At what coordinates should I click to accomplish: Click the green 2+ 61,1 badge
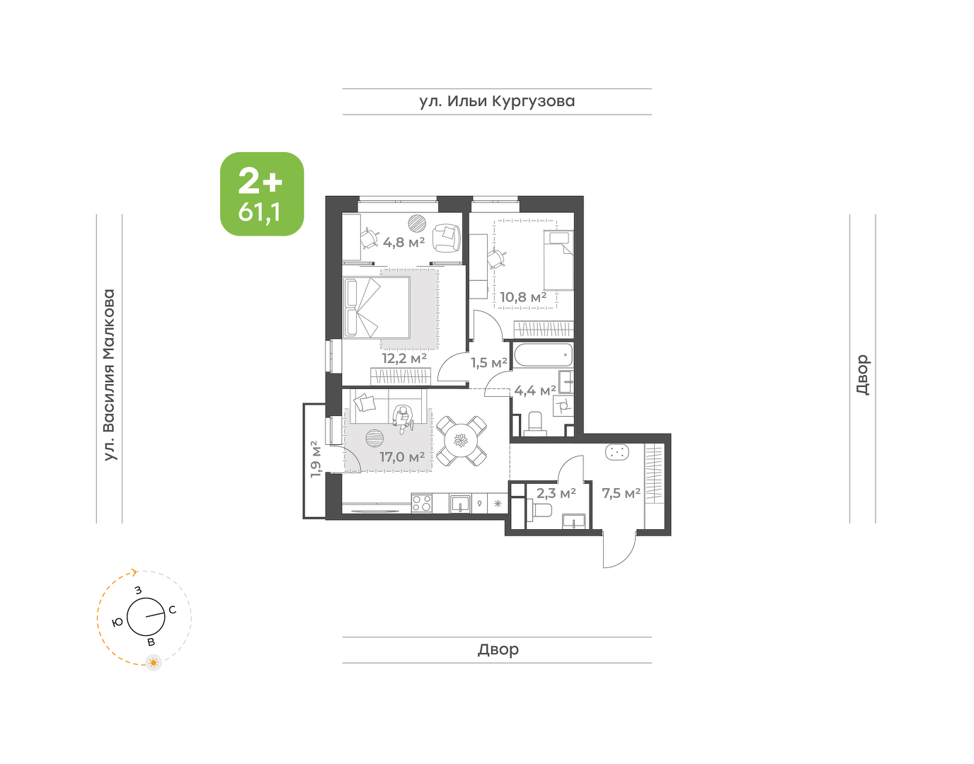coord(262,194)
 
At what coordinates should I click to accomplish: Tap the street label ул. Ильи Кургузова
coord(497,102)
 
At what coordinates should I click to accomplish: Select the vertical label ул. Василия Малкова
coord(109,375)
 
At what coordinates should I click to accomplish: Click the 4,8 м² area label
coord(404,242)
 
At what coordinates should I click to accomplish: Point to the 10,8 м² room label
coord(523,297)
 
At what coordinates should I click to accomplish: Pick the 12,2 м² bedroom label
coord(404,358)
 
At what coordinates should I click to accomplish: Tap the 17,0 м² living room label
coord(402,457)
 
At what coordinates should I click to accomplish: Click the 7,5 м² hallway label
coord(621,493)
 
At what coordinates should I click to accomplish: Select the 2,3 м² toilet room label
coord(556,493)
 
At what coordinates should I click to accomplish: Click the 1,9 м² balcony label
coord(316,458)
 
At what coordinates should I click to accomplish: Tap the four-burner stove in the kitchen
coord(422,503)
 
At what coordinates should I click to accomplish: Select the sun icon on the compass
coord(154,662)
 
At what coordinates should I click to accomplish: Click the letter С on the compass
coord(172,610)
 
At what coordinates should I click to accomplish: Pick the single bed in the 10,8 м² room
coord(558,260)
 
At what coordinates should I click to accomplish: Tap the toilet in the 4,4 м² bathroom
coord(536,424)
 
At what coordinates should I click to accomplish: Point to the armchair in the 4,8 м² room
coord(447,238)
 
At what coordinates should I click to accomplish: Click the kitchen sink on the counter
coord(460,504)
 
